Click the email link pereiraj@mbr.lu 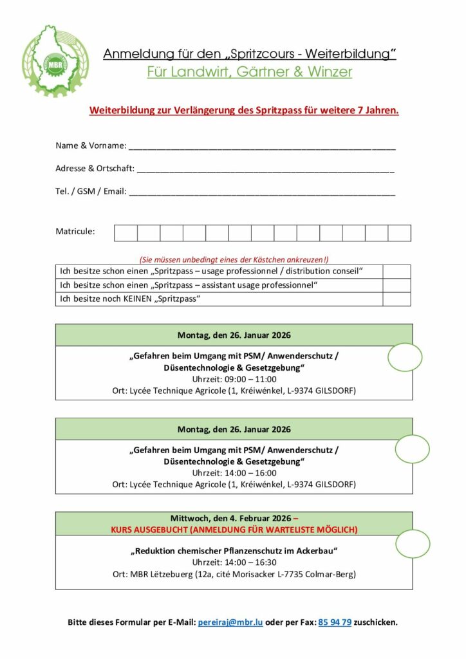230,622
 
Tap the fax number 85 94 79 335,622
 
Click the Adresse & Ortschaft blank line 265,169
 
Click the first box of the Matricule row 126,233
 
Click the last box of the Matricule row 399,233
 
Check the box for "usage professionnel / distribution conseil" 396,272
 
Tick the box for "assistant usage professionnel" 396,285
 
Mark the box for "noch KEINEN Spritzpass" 396,299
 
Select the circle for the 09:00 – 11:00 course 405,358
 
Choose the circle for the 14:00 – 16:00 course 412,449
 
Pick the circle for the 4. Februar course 413,544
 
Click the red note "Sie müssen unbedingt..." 234,259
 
